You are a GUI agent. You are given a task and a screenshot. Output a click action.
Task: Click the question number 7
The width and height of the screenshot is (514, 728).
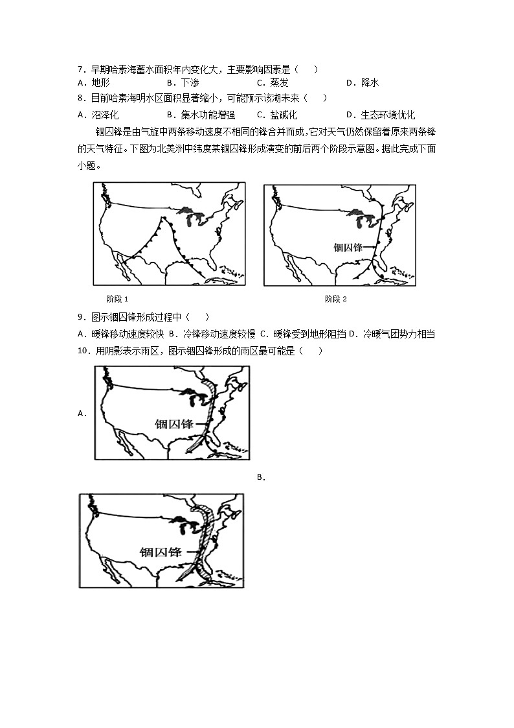(x=80, y=69)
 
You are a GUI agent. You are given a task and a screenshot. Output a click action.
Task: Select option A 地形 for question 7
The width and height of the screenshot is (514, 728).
(x=94, y=82)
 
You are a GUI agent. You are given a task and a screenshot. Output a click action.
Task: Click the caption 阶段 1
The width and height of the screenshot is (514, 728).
(x=117, y=299)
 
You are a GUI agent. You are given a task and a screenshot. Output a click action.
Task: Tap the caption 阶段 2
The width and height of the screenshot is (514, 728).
(x=337, y=299)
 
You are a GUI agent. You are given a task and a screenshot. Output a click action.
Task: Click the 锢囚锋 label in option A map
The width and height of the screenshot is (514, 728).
(x=173, y=424)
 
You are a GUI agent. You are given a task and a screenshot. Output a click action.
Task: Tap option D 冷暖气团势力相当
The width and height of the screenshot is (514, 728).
(x=393, y=334)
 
